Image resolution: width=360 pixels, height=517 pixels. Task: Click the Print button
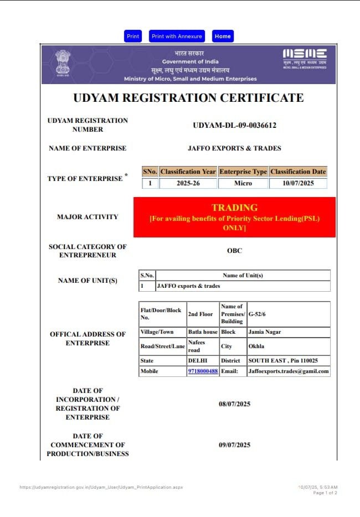click(x=133, y=37)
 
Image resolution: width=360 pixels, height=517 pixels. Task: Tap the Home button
click(x=223, y=37)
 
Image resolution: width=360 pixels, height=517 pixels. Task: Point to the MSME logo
click(x=305, y=58)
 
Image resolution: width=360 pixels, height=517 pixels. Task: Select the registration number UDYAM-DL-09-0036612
click(x=234, y=125)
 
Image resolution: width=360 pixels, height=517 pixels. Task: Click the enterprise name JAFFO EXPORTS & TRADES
click(x=234, y=148)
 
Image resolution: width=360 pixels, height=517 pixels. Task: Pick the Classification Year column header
click(x=188, y=172)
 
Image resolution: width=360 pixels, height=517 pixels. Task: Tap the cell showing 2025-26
click(x=188, y=183)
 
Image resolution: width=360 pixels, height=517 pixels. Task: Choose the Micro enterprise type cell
click(x=243, y=183)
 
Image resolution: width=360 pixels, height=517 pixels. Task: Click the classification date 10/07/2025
click(x=298, y=183)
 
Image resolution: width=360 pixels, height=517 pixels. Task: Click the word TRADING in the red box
click(x=234, y=208)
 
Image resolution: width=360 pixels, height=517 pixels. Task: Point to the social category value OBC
click(x=234, y=251)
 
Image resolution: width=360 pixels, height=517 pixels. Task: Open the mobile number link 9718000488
click(x=203, y=371)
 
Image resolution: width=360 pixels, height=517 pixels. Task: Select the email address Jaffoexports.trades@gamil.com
click(x=289, y=371)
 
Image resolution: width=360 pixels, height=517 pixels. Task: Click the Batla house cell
click(x=203, y=332)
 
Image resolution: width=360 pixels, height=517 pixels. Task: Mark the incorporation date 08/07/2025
click(x=234, y=404)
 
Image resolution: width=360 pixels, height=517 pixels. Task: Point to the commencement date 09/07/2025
click(x=234, y=445)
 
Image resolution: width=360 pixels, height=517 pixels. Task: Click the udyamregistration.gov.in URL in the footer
click(x=101, y=488)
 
